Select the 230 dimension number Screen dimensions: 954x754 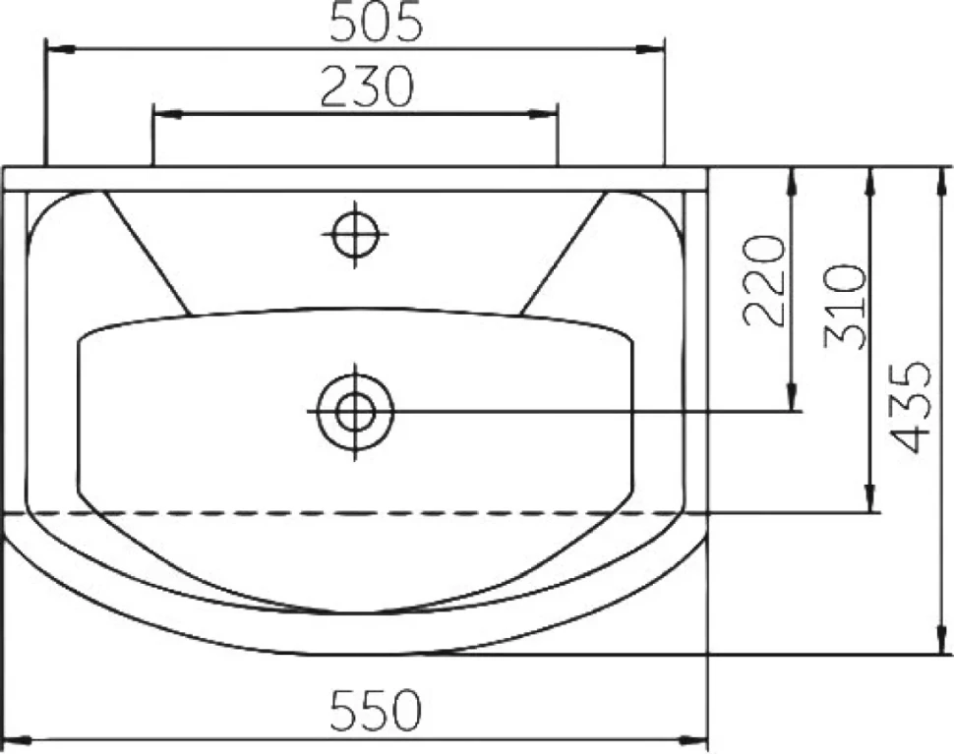[x=367, y=86]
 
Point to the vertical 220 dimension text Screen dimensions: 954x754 [x=764, y=281]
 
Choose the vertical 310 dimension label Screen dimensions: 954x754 [x=845, y=306]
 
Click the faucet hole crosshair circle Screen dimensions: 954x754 [x=356, y=234]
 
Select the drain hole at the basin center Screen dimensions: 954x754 [x=355, y=412]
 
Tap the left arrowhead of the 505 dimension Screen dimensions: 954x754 [x=60, y=48]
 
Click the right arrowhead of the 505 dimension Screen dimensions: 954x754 [x=650, y=48]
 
